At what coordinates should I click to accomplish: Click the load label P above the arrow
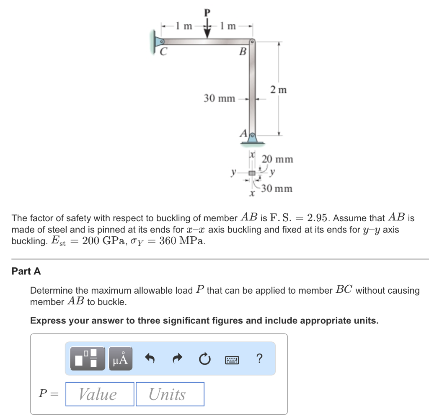207,13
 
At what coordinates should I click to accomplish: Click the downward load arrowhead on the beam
207,34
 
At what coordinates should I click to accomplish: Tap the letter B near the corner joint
243,52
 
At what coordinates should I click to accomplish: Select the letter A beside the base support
244,134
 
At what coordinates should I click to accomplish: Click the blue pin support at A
252,138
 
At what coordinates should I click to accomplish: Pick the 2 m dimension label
279,90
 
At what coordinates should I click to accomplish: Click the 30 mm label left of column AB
220,98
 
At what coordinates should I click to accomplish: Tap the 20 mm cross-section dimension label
277,159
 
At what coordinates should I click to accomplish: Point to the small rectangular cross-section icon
252,173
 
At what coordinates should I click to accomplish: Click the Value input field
100,394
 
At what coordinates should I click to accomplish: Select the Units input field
170,394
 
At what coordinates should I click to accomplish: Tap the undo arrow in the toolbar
150,358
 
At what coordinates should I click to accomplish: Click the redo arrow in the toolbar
178,358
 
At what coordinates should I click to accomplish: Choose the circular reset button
204,359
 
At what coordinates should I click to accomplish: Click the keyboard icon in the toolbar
232,360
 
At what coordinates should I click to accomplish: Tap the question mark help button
259,358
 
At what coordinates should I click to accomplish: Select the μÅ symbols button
120,359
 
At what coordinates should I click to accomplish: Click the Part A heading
26,271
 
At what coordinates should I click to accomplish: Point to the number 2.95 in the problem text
317,218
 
